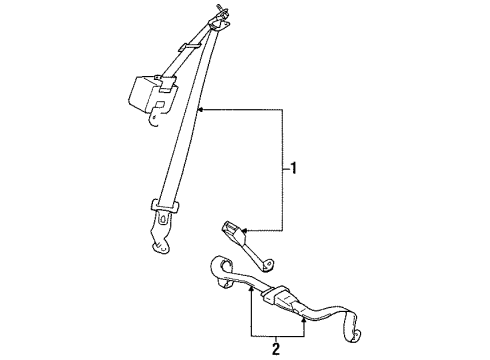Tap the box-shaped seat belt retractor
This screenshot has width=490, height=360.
(x=147, y=92)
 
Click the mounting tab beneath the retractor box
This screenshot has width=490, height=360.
(x=153, y=120)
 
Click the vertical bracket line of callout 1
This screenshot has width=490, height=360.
(x=281, y=170)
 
